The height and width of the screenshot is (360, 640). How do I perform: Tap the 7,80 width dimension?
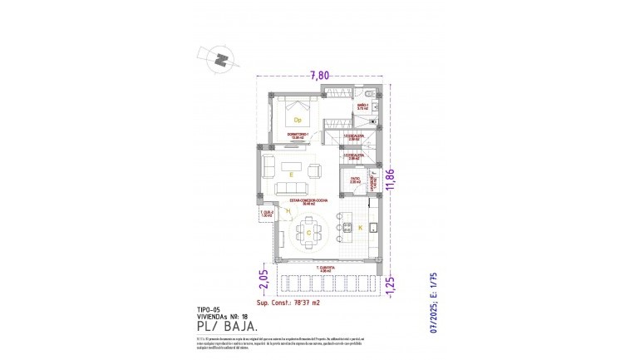320,75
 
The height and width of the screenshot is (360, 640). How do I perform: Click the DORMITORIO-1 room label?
298,136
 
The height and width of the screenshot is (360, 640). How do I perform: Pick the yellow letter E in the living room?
290,175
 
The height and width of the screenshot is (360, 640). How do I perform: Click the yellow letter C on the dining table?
309,234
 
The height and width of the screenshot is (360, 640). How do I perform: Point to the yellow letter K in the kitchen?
360,227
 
